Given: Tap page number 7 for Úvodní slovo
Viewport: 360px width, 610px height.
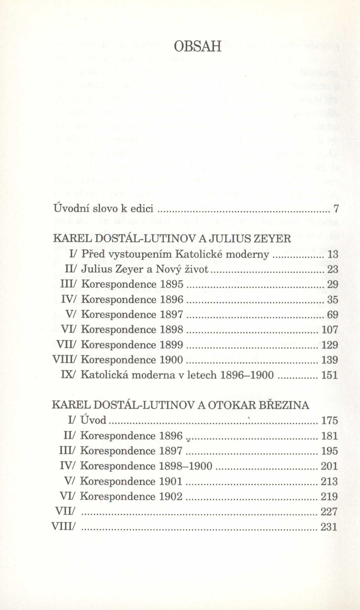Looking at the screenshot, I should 336,209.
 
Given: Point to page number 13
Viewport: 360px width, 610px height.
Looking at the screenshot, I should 332,254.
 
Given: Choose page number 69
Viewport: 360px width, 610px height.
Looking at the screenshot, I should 332,315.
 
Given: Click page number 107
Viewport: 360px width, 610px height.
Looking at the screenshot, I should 330,330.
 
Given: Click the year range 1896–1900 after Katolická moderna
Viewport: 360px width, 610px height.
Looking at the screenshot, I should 247,375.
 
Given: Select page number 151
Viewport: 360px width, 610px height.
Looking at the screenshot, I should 330,375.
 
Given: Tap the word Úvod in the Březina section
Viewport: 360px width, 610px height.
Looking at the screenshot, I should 94,421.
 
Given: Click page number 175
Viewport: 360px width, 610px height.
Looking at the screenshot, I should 330,421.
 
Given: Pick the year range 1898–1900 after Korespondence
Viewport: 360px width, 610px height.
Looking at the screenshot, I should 185,466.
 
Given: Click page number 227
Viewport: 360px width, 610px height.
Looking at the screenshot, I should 329,512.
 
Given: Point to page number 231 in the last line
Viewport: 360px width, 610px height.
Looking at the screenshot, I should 329,527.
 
